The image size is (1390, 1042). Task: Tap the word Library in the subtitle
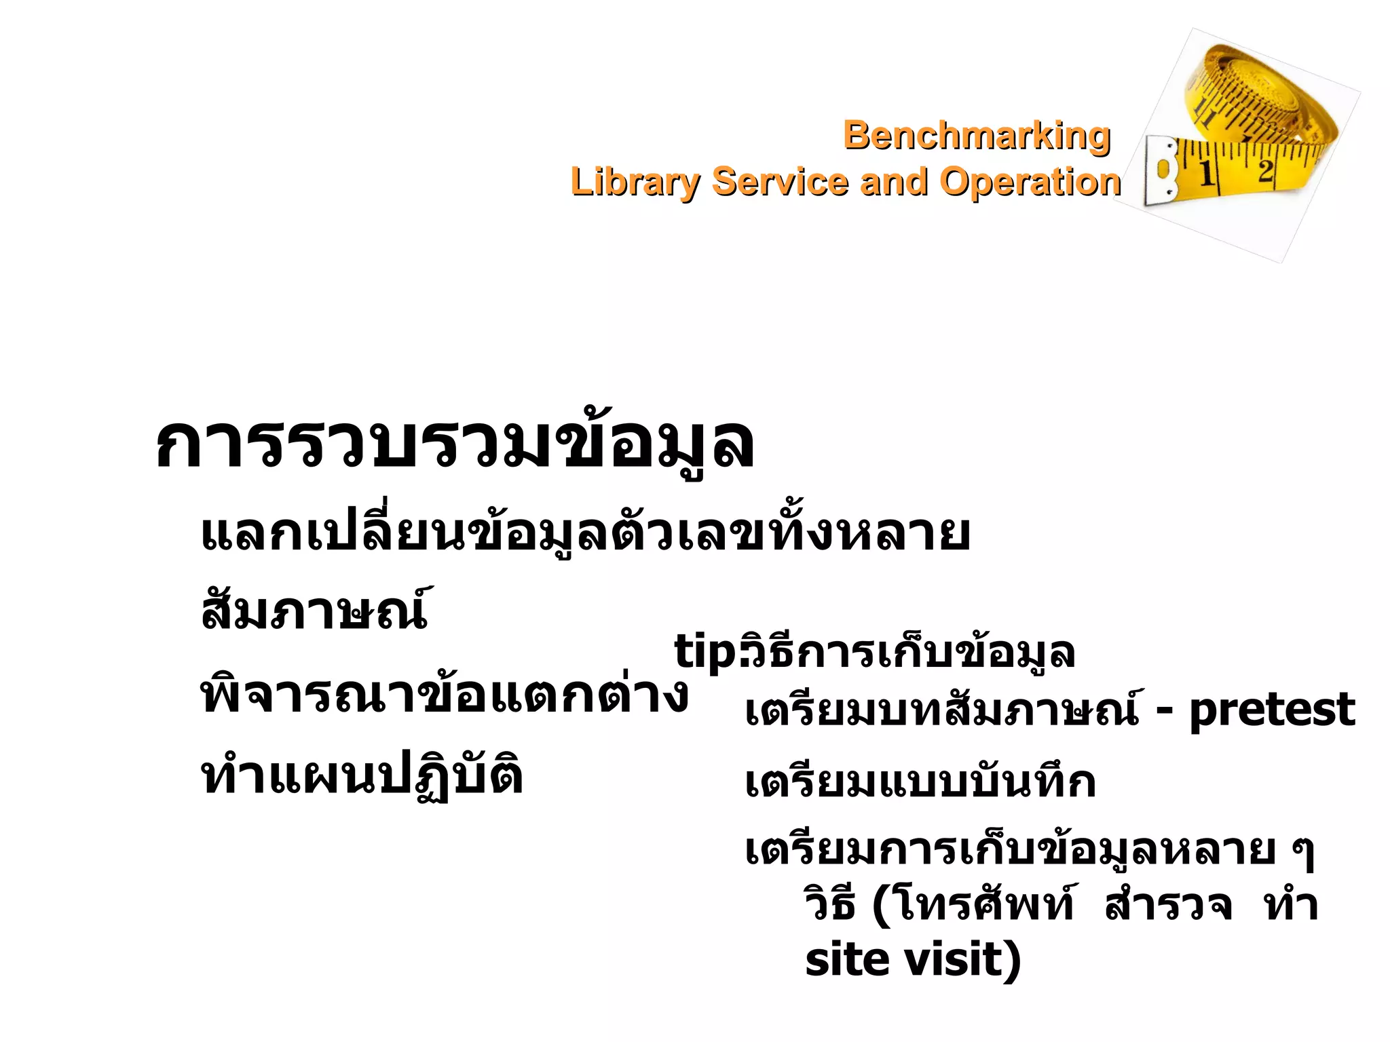tap(635, 182)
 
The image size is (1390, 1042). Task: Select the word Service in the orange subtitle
tap(780, 182)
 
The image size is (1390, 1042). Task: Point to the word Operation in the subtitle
tap(1030, 182)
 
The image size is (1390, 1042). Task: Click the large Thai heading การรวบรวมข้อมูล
tap(454, 444)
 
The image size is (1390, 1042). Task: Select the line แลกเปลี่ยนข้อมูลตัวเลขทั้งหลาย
tap(585, 534)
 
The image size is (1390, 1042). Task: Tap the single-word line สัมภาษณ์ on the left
tap(314, 609)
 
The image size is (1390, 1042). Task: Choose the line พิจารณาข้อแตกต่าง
tap(445, 695)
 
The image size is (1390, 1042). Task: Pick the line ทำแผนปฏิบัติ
tap(362, 776)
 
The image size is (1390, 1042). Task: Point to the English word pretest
tap(1272, 710)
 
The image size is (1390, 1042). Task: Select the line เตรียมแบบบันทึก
tap(920, 781)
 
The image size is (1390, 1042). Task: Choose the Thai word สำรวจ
tap(1167, 906)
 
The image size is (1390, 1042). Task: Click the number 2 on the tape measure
tap(1265, 170)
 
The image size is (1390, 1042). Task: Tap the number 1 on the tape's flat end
tap(1206, 174)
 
